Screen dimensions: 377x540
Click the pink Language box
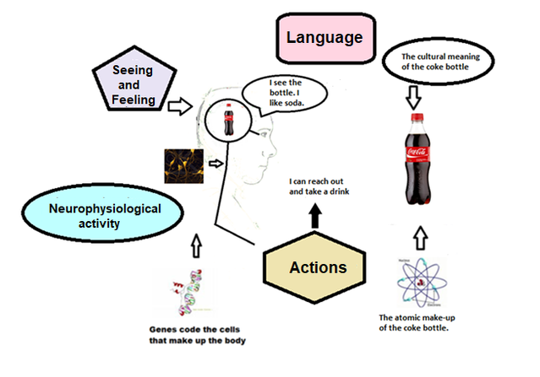(324, 38)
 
